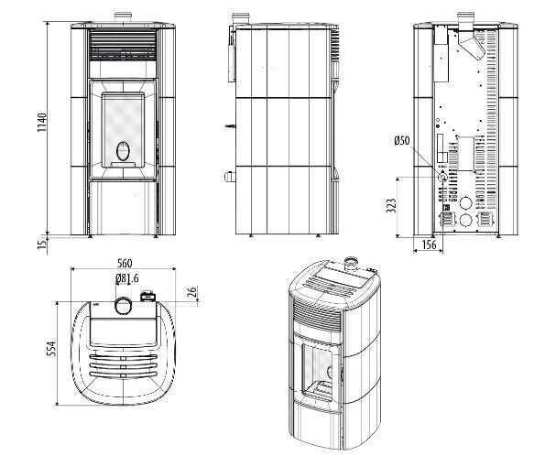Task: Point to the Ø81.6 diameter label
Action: [x=126, y=278]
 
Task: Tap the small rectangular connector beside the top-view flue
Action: [x=147, y=297]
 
